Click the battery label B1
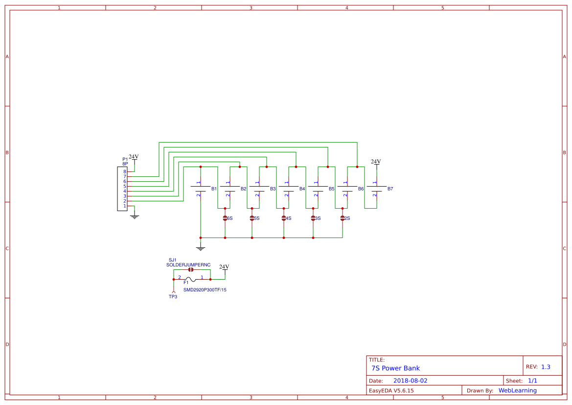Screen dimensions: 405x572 tap(214, 189)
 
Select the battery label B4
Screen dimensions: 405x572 tap(302, 189)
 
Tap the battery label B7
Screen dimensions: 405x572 tap(390, 189)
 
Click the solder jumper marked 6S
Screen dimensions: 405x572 tap(225, 218)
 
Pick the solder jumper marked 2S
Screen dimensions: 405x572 tap(343, 218)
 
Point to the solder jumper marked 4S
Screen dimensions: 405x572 tap(284, 218)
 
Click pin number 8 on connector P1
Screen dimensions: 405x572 tap(125, 172)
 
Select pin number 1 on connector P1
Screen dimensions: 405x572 tap(125, 206)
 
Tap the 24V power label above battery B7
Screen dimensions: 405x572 tap(376, 162)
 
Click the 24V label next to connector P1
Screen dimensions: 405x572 tap(134, 157)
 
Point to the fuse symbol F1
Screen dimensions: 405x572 tap(191, 280)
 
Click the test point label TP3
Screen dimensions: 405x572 tap(173, 297)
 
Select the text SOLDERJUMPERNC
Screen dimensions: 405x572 tap(188, 265)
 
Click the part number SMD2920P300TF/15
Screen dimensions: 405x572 tap(205, 290)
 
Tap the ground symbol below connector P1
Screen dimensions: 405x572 tap(135, 216)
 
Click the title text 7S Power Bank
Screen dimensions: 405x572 tap(395, 368)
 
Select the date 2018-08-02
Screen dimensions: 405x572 tap(410, 381)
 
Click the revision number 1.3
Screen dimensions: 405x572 tap(546, 367)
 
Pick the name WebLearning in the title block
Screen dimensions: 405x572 tap(517, 390)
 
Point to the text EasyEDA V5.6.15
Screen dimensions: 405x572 tap(391, 390)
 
